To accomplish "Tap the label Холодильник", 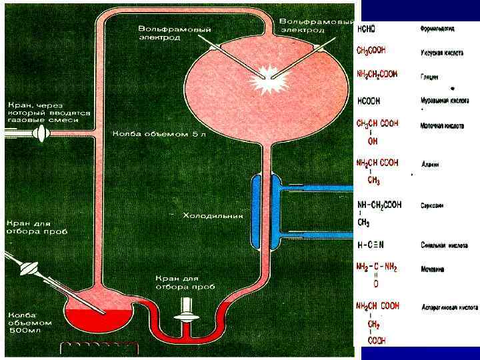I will [213, 215].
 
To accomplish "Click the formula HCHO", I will [367, 29].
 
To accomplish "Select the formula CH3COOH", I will [371, 51].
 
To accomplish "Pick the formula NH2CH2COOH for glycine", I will [377, 74].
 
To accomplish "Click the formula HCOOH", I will [369, 101].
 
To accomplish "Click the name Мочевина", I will [434, 269].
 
